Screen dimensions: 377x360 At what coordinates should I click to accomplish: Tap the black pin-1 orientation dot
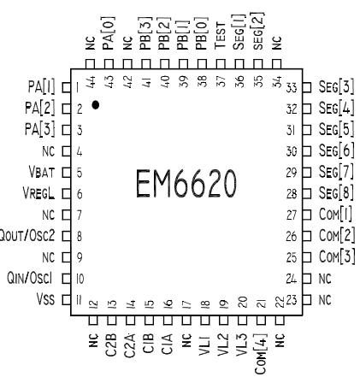coord(96,103)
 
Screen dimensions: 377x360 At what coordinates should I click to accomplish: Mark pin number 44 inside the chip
coord(91,78)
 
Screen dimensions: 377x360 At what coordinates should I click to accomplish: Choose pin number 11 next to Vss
coord(76,298)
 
